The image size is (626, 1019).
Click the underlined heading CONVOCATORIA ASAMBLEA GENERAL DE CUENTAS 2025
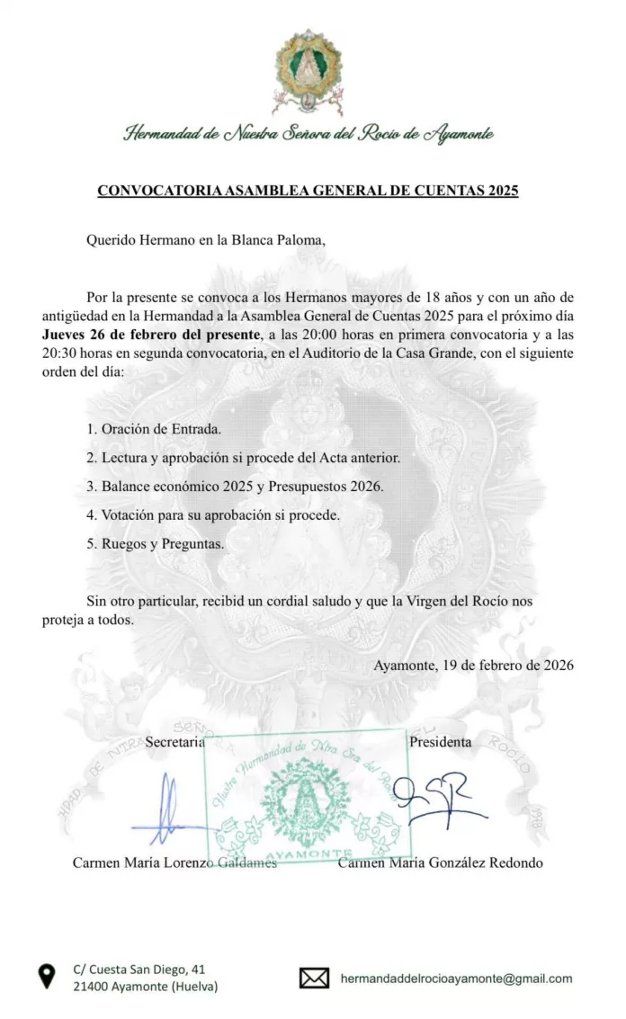[x=308, y=191]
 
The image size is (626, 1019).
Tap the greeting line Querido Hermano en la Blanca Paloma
[x=203, y=239]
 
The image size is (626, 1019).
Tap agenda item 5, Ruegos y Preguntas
[x=155, y=544]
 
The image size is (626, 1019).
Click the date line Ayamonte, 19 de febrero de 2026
[x=473, y=666]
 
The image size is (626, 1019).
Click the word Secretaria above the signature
[x=174, y=742]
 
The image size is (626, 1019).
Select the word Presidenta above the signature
[x=440, y=742]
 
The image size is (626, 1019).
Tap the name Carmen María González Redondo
[x=440, y=863]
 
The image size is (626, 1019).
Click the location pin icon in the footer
[x=46, y=977]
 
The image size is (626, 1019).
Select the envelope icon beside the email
[x=314, y=979]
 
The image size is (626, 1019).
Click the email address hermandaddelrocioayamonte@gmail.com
[x=456, y=979]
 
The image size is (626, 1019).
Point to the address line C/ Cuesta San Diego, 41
[x=139, y=969]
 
